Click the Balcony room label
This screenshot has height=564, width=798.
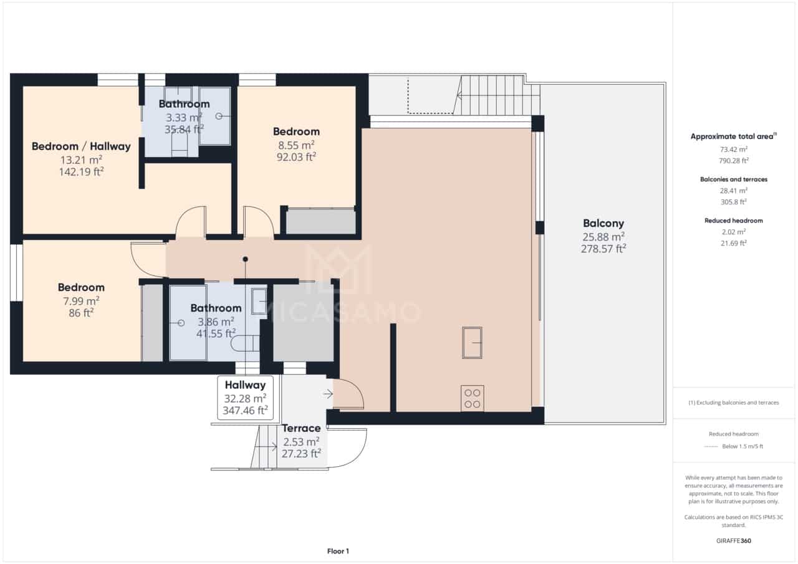click(x=603, y=223)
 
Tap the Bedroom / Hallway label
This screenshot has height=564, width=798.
click(x=81, y=146)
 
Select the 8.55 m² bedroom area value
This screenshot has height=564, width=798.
click(x=296, y=145)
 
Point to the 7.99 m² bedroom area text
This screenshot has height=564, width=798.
click(x=81, y=300)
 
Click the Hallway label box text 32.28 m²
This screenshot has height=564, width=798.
click(x=245, y=398)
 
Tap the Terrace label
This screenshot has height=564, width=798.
click(x=301, y=429)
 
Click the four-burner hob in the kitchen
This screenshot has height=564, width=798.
click(x=472, y=398)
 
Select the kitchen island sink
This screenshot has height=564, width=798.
click(x=472, y=343)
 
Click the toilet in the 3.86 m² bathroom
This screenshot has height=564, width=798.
click(x=245, y=343)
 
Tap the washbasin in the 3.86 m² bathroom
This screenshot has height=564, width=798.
click(x=259, y=300)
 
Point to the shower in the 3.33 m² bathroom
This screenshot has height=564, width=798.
click(x=215, y=116)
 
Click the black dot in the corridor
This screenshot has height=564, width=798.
click(x=246, y=259)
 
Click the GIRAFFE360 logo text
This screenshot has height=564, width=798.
click(x=734, y=541)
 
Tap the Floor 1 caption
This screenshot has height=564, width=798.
click(x=338, y=551)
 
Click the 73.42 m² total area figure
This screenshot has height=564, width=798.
click(x=734, y=150)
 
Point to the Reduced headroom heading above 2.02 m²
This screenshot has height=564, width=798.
click(x=734, y=221)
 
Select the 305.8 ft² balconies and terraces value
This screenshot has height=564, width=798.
click(x=734, y=202)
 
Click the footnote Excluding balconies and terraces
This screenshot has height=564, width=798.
click(x=734, y=403)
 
